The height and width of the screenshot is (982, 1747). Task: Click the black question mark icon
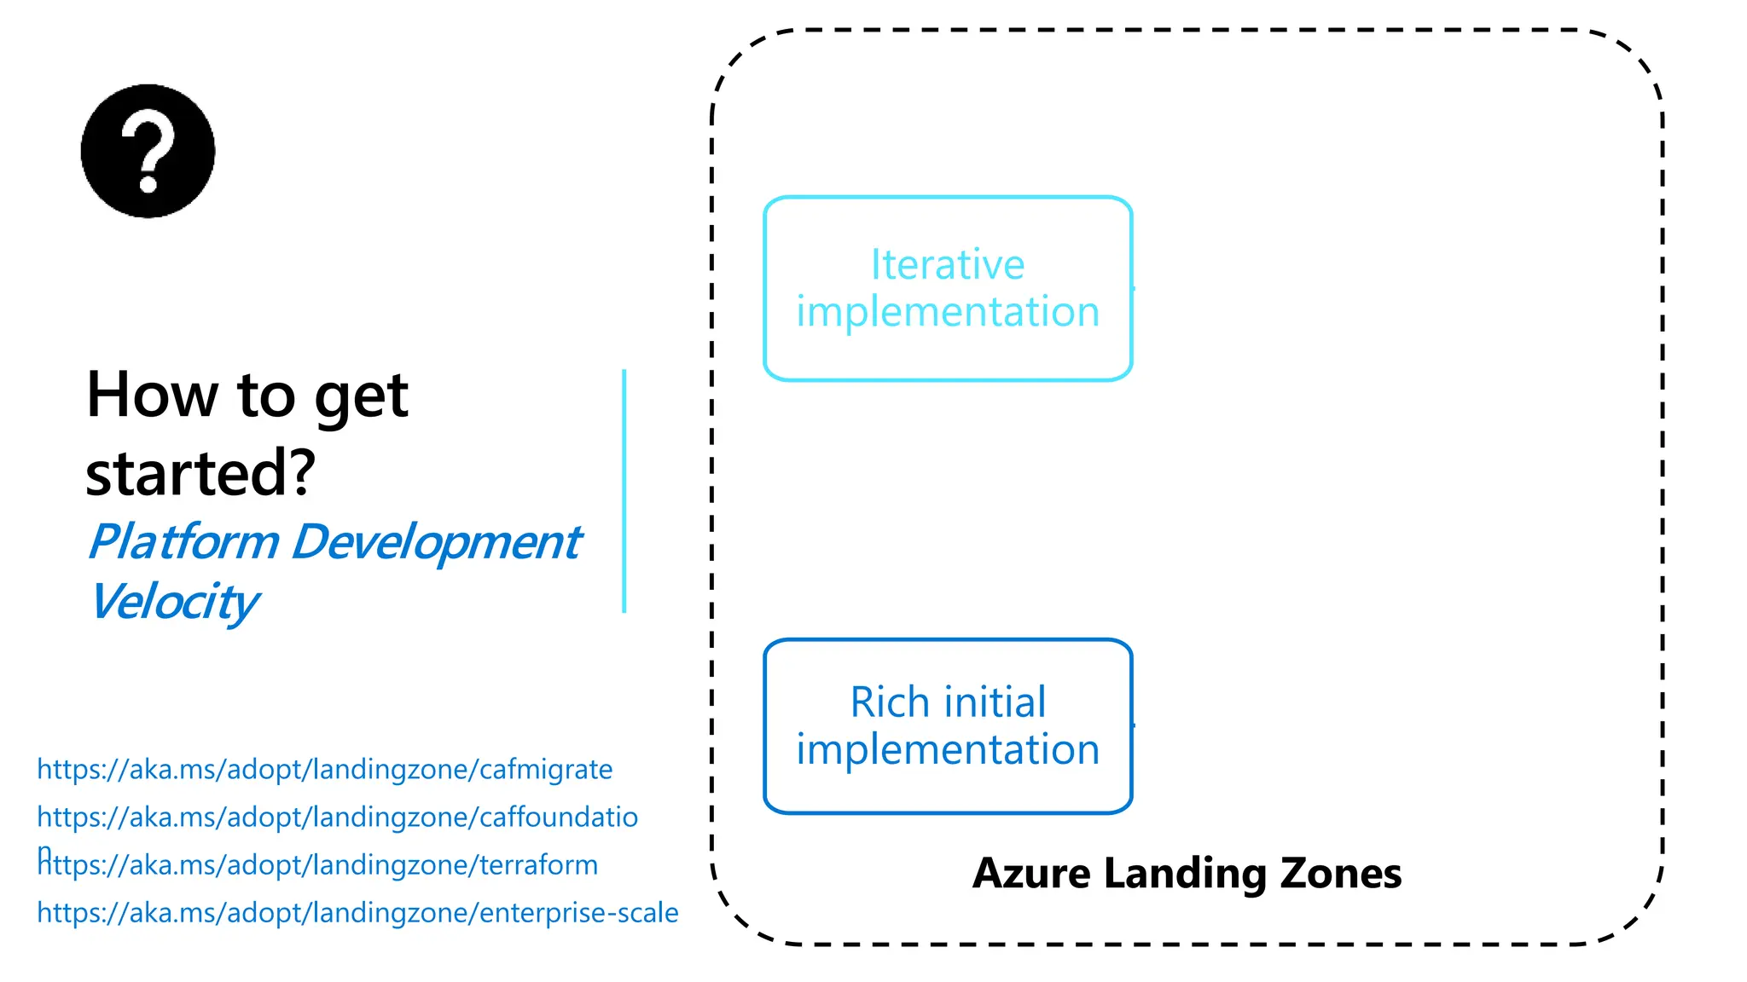[x=148, y=151]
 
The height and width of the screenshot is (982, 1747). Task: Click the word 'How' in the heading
[x=152, y=396]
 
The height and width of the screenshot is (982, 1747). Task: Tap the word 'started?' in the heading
[x=200, y=473]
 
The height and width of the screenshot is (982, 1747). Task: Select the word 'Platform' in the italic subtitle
[x=183, y=542]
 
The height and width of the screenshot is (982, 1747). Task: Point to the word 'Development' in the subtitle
[x=436, y=542]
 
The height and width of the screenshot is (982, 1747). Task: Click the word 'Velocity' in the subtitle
[x=173, y=602]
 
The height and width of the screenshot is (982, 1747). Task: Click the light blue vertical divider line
[x=624, y=490]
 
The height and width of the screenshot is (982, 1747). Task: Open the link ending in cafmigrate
[x=324, y=770]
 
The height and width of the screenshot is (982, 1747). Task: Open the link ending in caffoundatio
[x=337, y=817]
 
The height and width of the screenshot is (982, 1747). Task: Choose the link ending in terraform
[x=317, y=865]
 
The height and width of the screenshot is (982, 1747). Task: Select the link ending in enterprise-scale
[x=357, y=913]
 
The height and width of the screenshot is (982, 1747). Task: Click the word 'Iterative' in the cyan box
[x=947, y=265]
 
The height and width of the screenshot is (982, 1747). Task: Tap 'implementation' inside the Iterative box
[x=947, y=312]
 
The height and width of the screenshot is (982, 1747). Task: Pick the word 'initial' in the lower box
[x=995, y=703]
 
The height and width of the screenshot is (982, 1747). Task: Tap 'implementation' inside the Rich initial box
[x=947, y=750]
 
